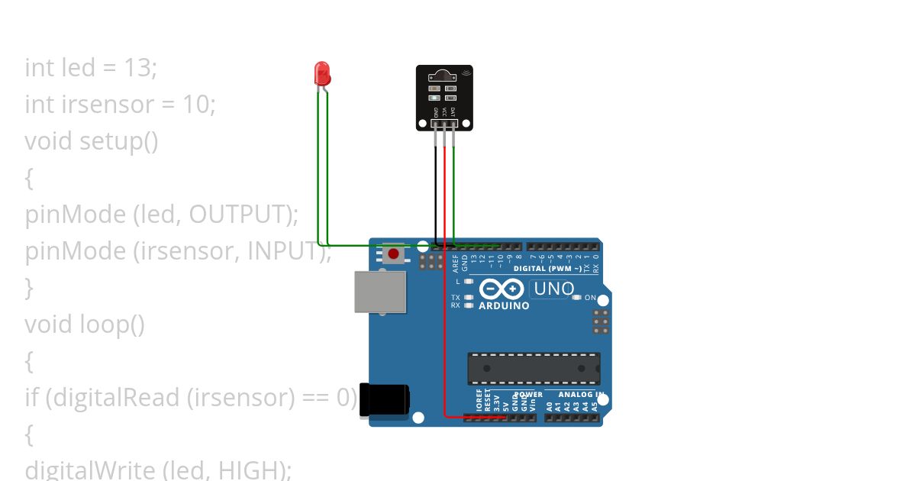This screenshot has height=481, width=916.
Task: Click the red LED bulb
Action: pyautogui.click(x=323, y=73)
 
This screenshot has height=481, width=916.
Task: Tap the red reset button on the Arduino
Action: pyautogui.click(x=394, y=253)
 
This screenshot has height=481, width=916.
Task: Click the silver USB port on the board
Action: pyautogui.click(x=379, y=292)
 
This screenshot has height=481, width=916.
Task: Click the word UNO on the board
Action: pyautogui.click(x=554, y=289)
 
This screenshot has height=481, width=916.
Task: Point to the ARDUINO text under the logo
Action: pyautogui.click(x=504, y=306)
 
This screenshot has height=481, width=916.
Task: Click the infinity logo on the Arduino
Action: pyautogui.click(x=502, y=289)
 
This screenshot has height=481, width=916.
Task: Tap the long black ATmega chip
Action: pyautogui.click(x=534, y=369)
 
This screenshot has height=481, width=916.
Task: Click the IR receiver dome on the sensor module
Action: pyautogui.click(x=440, y=76)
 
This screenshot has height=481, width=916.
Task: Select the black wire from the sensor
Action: pyautogui.click(x=436, y=191)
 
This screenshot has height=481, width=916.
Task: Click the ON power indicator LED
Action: pyautogui.click(x=576, y=298)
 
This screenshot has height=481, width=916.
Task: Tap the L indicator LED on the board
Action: pyautogui.click(x=469, y=282)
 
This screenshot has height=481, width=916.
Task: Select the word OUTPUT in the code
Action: pyautogui.click(x=239, y=215)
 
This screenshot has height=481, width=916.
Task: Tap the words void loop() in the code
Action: pyautogui.click(x=85, y=324)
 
